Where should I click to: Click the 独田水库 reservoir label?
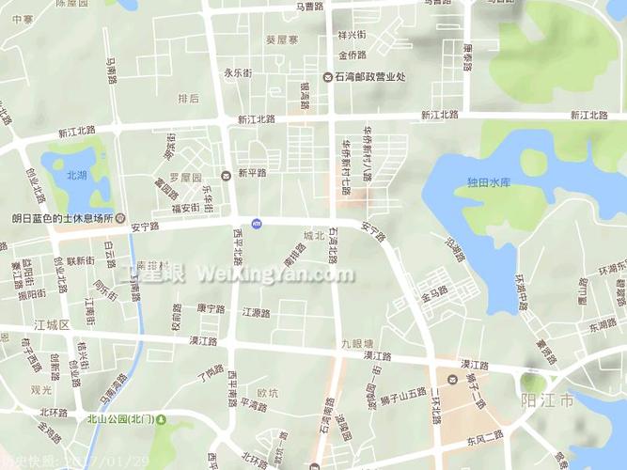point(488,182)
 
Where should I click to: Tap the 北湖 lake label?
point(76,175)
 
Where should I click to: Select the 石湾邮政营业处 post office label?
point(369,77)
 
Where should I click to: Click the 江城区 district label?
point(53,324)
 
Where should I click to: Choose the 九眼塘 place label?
point(357,343)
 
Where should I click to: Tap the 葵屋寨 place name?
point(282,40)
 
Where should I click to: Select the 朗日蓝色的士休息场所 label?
point(62,217)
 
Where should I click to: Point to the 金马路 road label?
point(433,294)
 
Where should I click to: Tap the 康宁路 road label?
point(211,308)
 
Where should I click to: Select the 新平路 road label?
point(252,173)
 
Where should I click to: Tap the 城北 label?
point(313,235)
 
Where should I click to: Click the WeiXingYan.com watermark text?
point(274,274)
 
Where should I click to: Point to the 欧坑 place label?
point(268,393)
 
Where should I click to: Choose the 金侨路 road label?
point(353,55)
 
